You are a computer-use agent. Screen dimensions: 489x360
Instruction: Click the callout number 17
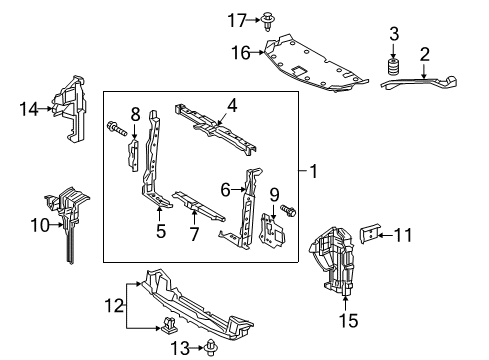(x=237, y=20)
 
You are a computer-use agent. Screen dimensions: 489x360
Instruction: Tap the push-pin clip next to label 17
(x=267, y=21)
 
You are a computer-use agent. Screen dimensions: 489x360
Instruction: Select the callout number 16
(x=241, y=53)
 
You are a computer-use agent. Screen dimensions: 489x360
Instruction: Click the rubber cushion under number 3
(x=393, y=68)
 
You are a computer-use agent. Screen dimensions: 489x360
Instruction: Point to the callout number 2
(x=424, y=55)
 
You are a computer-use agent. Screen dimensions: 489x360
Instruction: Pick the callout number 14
(x=29, y=109)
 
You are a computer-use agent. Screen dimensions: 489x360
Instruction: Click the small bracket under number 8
(x=133, y=155)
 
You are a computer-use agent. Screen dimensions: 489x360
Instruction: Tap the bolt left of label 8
(x=117, y=129)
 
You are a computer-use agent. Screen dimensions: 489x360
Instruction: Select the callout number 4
(x=232, y=105)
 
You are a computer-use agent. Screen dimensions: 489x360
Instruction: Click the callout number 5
(x=161, y=231)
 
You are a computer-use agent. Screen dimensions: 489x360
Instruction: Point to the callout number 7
(x=194, y=234)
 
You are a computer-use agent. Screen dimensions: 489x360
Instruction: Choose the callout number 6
(x=225, y=190)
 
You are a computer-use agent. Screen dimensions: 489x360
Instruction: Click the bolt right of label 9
(x=288, y=211)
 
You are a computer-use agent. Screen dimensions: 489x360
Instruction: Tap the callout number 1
(x=313, y=171)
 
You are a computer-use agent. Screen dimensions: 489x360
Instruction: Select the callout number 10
(x=40, y=225)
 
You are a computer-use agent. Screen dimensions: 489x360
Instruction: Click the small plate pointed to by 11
(x=369, y=233)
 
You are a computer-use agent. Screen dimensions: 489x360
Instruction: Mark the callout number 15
(x=348, y=321)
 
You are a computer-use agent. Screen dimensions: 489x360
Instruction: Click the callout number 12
(x=114, y=305)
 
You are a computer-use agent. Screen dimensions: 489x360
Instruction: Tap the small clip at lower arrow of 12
(x=169, y=325)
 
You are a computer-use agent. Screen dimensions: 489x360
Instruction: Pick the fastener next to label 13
(x=211, y=348)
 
